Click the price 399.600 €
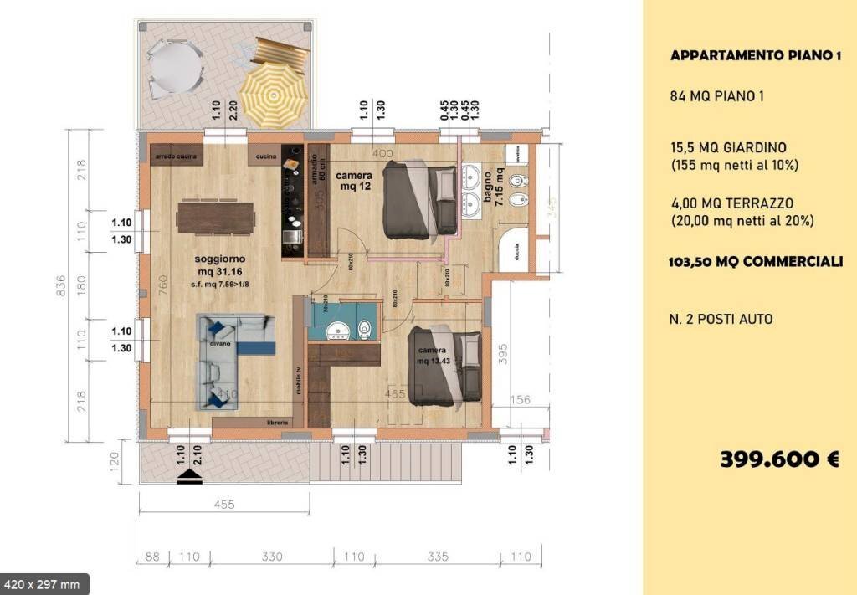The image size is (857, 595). coord(778,459)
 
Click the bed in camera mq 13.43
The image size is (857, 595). coord(444,366)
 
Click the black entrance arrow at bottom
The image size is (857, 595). coord(190,476)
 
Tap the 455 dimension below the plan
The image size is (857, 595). coord(223,504)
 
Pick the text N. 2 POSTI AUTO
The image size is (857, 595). coord(721,319)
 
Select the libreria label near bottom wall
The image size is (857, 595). coord(278,423)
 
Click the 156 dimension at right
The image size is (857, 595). coord(521,400)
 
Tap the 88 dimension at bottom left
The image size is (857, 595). coord(152,556)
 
